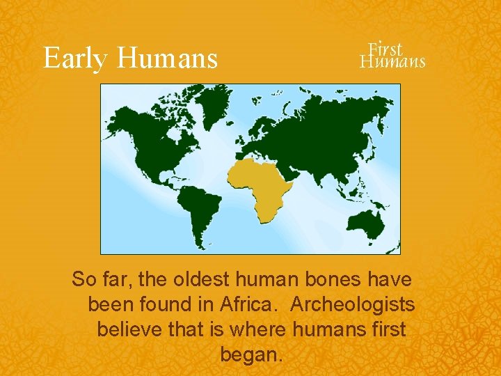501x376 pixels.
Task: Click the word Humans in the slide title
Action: (167, 58)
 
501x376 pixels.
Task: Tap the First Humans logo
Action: (392, 55)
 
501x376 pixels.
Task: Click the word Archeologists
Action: (353, 305)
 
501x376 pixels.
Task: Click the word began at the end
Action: (251, 354)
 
